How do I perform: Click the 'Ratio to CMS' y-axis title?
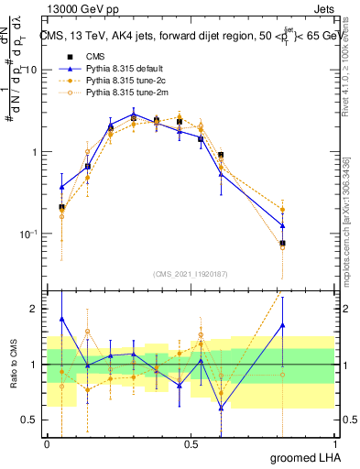13,365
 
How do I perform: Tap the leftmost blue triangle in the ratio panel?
61,320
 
